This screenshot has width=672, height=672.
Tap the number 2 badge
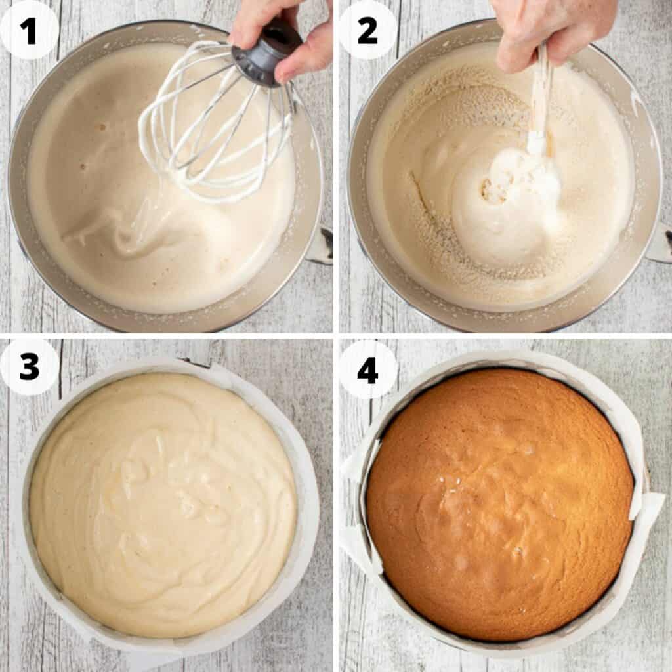(x=367, y=30)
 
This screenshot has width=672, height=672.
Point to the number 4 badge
(x=367, y=369)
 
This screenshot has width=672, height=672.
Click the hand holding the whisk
(x=289, y=33)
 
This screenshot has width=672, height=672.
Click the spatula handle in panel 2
(x=541, y=98)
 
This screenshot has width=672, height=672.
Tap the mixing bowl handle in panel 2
(x=660, y=243)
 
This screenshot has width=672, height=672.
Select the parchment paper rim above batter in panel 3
(x=164, y=366)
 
